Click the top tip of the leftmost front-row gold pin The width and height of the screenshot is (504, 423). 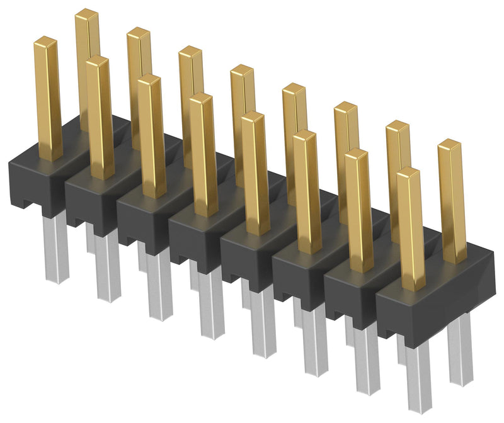click(46, 42)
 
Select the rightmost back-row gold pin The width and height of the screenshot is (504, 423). click(450, 201)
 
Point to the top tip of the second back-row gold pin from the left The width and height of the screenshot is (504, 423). click(138, 33)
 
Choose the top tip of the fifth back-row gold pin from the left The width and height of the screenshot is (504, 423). click(293, 88)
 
